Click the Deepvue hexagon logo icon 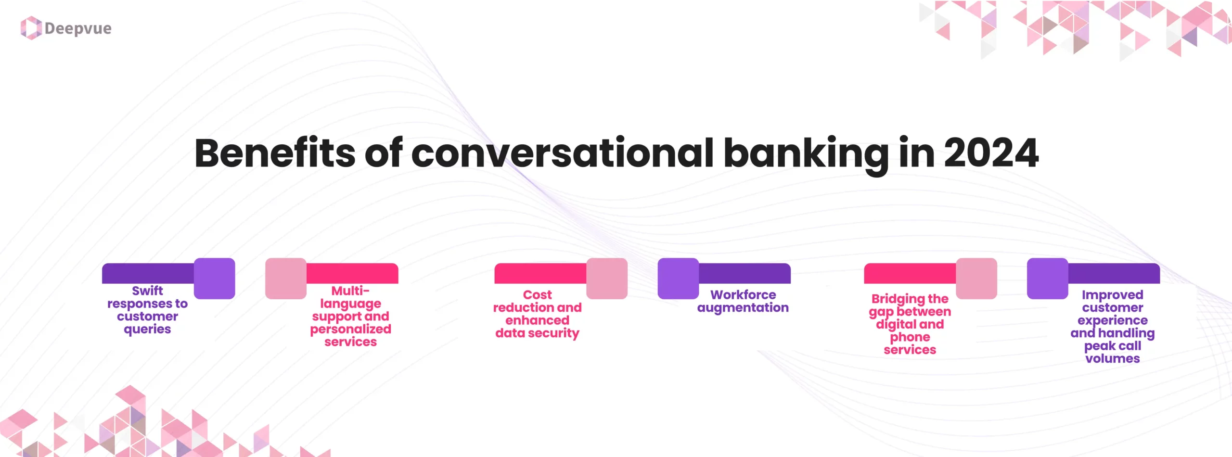[x=31, y=28]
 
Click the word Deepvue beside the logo [x=78, y=28]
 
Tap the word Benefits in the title [x=274, y=153]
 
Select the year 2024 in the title [x=991, y=153]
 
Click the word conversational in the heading [x=562, y=153]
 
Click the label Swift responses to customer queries [x=147, y=310]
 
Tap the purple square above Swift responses [x=214, y=279]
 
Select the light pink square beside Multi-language [x=286, y=279]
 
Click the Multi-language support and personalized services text [x=350, y=317]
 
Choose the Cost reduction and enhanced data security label [x=537, y=314]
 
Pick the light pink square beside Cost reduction [x=607, y=279]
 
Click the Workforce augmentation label [x=743, y=301]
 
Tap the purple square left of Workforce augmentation [x=678, y=279]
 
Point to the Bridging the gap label [x=910, y=324]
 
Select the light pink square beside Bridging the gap [x=976, y=279]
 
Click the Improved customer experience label [x=1112, y=327]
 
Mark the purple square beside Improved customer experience [x=1047, y=279]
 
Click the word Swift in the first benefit [x=147, y=291]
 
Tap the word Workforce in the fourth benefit [x=743, y=295]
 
